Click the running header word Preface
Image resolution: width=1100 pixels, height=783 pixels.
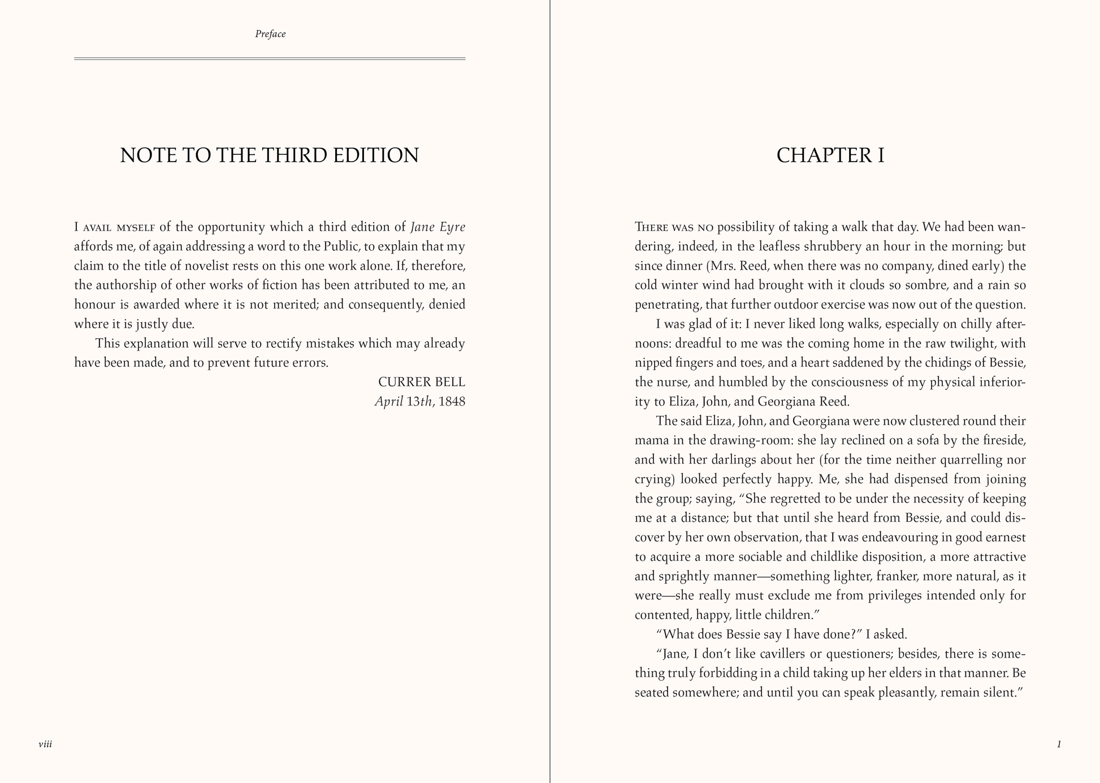click(270, 34)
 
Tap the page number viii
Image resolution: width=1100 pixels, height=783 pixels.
click(45, 744)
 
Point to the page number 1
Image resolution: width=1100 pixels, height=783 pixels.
click(1059, 744)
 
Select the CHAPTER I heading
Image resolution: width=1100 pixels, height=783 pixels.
click(830, 155)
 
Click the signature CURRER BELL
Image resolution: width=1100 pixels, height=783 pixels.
click(422, 382)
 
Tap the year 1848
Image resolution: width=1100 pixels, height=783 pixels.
click(452, 401)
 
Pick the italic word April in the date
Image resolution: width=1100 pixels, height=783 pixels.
click(389, 401)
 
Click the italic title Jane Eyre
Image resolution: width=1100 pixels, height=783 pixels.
click(438, 227)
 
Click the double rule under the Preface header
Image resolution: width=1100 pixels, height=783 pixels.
click(270, 58)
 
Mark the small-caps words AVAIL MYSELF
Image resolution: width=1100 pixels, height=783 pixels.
click(119, 228)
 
